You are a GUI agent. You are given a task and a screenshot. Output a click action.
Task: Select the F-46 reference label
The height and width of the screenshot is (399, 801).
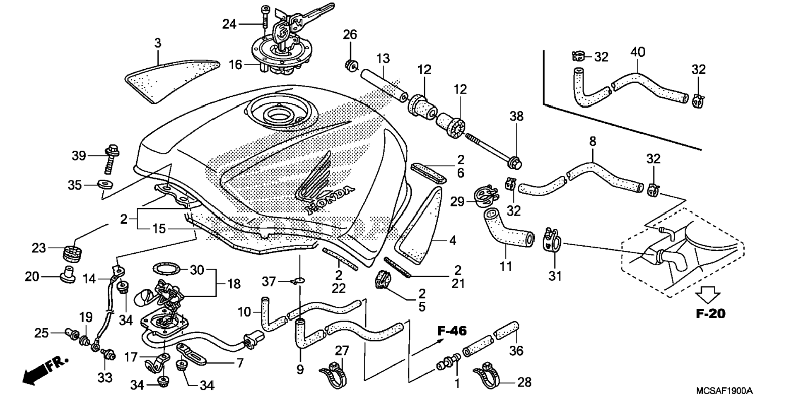(452, 331)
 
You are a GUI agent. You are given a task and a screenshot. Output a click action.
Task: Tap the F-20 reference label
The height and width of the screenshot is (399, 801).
(710, 314)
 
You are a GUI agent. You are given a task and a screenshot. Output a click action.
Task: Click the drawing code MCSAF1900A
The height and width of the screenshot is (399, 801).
(724, 390)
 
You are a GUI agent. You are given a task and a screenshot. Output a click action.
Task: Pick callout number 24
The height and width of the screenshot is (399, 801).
(229, 24)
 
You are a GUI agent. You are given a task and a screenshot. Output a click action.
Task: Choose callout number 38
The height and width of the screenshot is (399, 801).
(516, 116)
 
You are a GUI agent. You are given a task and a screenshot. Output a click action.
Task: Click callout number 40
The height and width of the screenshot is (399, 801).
(638, 53)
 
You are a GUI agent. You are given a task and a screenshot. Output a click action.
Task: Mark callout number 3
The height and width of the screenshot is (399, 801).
(157, 43)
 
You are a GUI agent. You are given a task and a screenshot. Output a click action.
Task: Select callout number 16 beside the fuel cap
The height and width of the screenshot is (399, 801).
(235, 65)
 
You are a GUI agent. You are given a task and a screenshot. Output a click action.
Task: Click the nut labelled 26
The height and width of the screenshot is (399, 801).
(351, 65)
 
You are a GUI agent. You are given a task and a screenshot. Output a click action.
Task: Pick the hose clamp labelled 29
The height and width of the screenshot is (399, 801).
(485, 196)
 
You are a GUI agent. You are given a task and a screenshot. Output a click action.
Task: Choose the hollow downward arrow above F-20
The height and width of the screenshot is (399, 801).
(707, 296)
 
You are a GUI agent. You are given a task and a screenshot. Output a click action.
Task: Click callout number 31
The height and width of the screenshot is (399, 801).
(555, 275)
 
